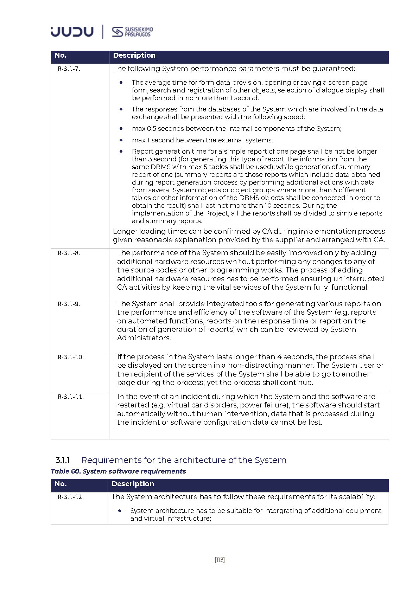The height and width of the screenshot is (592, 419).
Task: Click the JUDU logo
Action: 72,31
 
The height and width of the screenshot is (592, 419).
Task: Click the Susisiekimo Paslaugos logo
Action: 132,32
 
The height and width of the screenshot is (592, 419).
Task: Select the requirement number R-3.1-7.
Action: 69,69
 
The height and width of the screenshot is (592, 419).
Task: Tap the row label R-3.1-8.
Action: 69,253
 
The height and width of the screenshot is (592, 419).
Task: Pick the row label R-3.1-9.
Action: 69,304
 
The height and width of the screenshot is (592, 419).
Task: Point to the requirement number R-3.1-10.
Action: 71,357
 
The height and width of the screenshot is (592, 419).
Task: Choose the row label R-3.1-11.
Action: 71,397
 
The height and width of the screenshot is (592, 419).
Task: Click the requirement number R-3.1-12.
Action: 71,497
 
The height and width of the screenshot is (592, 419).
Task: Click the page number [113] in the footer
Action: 220,559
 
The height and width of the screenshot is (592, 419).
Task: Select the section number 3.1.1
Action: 62,460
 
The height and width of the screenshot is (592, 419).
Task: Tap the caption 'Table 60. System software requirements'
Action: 118,471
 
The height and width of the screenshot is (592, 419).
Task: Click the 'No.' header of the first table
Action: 61,55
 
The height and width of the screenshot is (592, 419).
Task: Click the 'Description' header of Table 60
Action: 133,484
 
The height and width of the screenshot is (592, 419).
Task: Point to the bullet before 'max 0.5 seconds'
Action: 121,129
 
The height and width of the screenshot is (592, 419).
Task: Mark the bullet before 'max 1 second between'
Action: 121,140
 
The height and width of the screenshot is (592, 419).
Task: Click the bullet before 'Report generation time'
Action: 121,152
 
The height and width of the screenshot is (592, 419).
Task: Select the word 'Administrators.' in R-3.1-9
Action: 144,338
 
